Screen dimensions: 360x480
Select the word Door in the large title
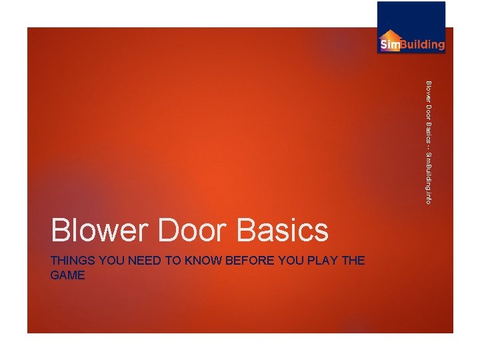[196, 231]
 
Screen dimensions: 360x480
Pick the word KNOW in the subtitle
[206, 261]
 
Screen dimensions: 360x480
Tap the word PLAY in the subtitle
[322, 261]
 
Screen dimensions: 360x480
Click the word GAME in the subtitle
[67, 275]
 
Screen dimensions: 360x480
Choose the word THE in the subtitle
[353, 261]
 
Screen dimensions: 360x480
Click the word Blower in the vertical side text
[429, 91]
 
